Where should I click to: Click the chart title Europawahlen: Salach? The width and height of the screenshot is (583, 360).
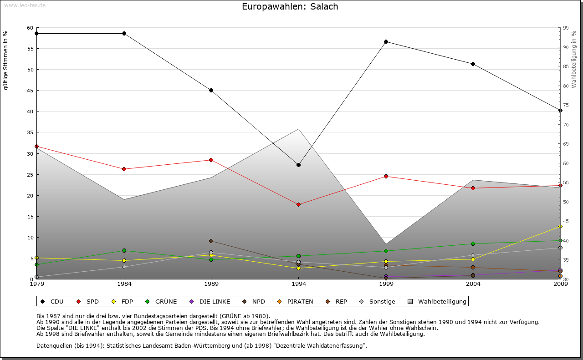290,7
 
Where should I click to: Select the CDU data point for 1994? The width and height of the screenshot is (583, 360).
299,165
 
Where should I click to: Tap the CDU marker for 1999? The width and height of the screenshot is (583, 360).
386,41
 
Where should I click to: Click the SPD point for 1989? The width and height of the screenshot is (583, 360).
211,160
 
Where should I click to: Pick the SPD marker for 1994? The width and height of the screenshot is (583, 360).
299,204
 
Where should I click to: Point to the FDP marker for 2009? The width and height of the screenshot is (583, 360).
561,226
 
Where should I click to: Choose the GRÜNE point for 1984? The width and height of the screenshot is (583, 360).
124,250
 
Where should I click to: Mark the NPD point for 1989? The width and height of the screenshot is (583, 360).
211,241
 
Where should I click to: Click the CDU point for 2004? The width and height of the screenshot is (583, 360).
473,64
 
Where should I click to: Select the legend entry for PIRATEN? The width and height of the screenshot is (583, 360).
296,301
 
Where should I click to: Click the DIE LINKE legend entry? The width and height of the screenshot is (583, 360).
210,301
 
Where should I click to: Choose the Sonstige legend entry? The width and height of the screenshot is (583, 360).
378,301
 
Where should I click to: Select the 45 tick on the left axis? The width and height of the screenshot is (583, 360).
30,91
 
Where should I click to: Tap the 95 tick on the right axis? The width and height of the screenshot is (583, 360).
566,28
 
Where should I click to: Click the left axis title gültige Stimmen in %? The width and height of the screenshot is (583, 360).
6,61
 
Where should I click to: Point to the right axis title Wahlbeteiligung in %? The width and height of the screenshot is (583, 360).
574,59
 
